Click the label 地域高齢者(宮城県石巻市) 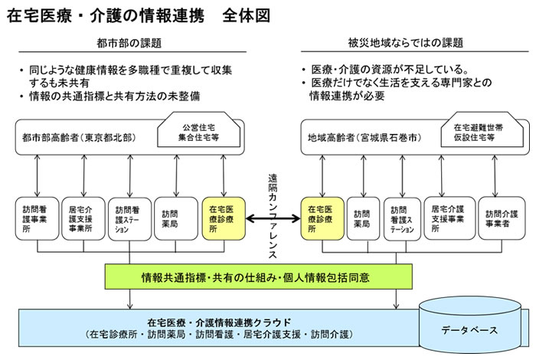point(359,138)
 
